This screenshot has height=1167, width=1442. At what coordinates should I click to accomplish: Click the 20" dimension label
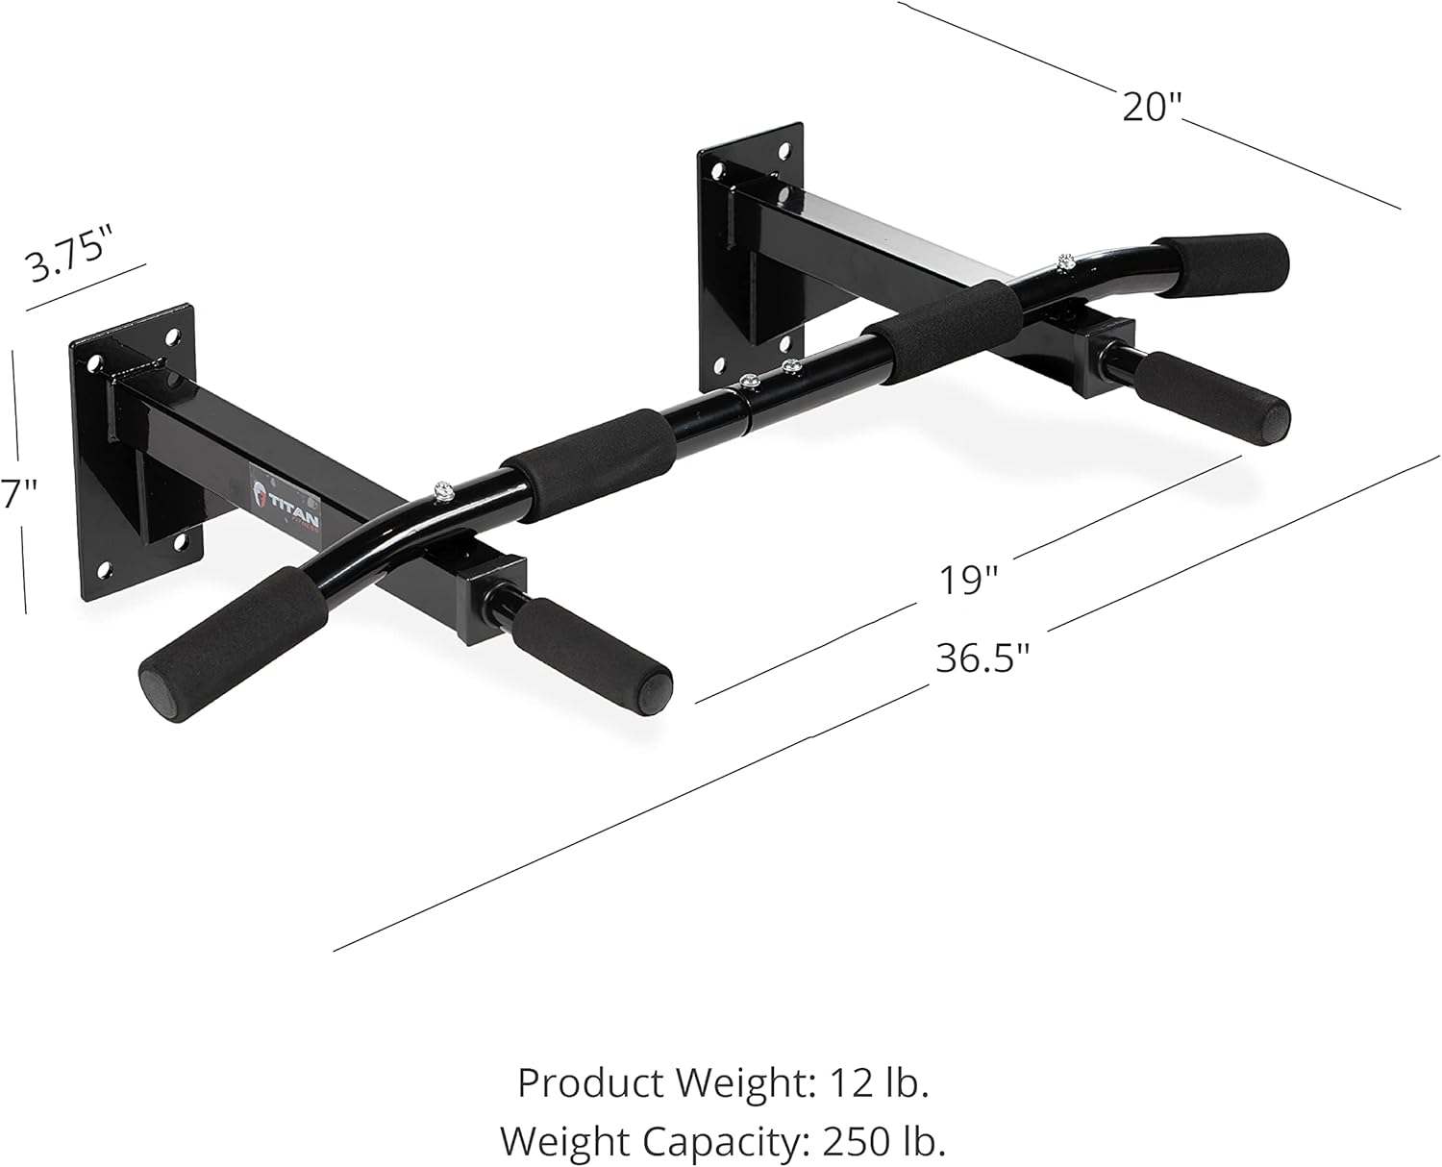(1151, 106)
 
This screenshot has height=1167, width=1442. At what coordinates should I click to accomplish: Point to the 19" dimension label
(969, 580)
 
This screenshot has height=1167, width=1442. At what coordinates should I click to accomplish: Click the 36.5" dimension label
(982, 659)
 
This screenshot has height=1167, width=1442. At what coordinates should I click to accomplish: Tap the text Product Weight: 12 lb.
(723, 1082)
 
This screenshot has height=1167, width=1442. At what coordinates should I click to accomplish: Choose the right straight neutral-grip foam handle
(1213, 398)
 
